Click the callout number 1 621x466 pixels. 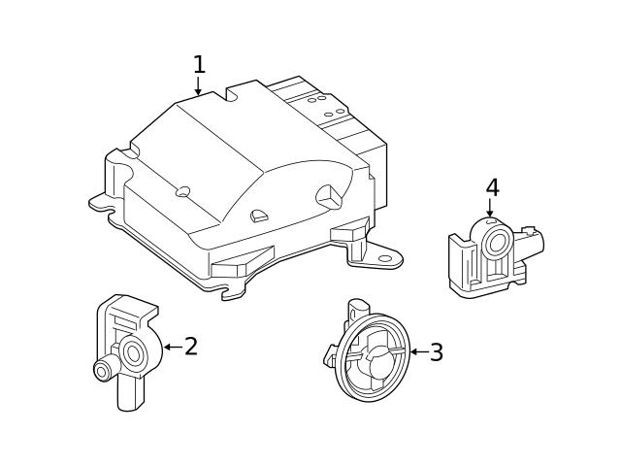[199, 65]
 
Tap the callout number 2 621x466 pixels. [191, 347]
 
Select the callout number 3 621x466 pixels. [437, 352]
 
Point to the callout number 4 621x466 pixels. [492, 187]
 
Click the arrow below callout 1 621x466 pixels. [199, 87]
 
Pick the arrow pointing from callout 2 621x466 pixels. [171, 347]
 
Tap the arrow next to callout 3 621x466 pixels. [416, 351]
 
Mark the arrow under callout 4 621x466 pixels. [490, 208]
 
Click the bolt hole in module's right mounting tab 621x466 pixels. [385, 258]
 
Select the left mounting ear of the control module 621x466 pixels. [101, 203]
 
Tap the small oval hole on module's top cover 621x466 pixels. [181, 191]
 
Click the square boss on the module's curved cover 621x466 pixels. [327, 192]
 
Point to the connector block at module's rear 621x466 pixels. [335, 116]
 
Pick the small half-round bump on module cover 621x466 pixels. [258, 216]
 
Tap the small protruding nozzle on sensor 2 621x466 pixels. [100, 370]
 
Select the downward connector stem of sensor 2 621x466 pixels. [128, 393]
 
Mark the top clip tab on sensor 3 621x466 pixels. [357, 308]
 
